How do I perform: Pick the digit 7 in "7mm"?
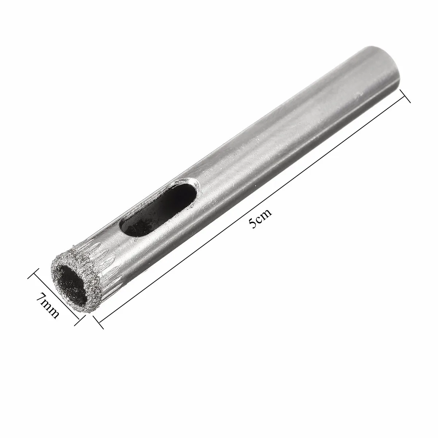41,297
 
